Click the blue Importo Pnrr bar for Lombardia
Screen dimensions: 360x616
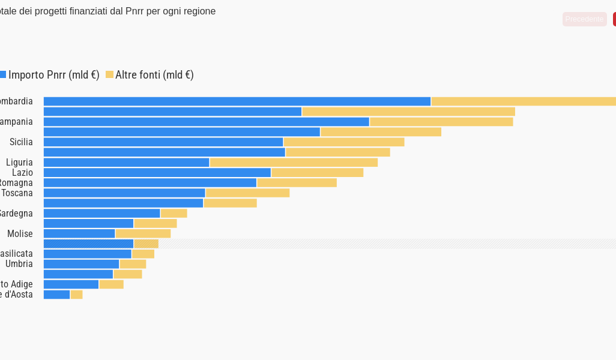click(x=237, y=101)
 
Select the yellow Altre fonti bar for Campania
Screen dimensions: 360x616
click(x=441, y=122)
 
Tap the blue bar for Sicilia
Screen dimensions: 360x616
click(x=163, y=142)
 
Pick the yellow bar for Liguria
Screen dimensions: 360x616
click(x=294, y=163)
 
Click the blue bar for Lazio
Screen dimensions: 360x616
click(x=157, y=173)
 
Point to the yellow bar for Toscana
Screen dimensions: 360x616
click(x=247, y=193)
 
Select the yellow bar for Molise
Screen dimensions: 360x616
click(x=143, y=233)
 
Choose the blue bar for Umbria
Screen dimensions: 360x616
click(x=82, y=264)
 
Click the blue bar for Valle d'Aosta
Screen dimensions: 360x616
click(x=57, y=295)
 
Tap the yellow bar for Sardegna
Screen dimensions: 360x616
click(x=174, y=213)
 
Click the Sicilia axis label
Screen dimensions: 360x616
click(x=21, y=142)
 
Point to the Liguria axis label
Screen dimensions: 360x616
click(x=19, y=163)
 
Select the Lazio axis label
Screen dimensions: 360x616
click(x=22, y=173)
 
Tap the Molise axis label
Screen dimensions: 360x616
click(x=20, y=233)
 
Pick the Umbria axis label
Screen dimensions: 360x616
click(x=19, y=264)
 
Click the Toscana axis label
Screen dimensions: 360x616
click(x=17, y=193)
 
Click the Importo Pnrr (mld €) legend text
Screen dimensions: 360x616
click(x=53, y=75)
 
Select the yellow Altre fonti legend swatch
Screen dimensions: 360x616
click(x=109, y=74)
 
